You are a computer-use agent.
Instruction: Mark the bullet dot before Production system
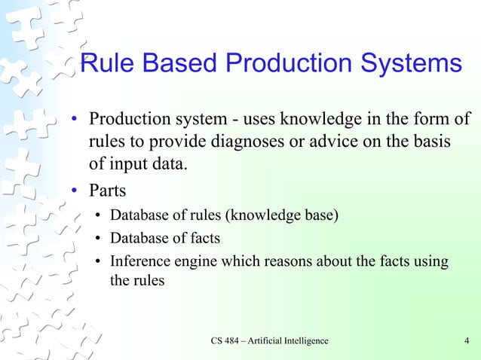75,121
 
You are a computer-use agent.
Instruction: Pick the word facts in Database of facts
204,239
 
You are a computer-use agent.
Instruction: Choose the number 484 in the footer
237,341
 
